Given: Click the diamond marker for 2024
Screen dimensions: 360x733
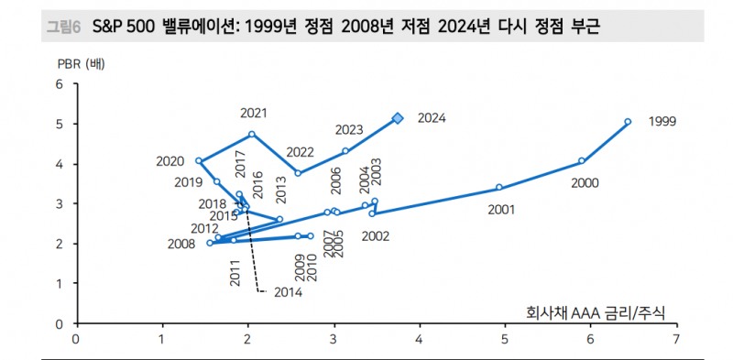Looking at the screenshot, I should click(398, 118).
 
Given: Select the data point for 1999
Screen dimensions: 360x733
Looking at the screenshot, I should click(628, 121).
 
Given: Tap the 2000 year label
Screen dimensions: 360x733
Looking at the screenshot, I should click(584, 183).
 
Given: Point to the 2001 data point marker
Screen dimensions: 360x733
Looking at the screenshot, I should click(499, 187).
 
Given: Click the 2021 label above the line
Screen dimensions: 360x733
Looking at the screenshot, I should click(254, 113).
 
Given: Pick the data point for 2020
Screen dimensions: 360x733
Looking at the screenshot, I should click(199, 160).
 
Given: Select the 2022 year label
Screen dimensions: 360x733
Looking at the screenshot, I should click(300, 152).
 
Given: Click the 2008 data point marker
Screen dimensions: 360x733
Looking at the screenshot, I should click(210, 243).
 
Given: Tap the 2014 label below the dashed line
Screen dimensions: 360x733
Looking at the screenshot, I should click(287, 292).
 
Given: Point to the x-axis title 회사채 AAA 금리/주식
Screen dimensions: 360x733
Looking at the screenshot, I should click(596, 314).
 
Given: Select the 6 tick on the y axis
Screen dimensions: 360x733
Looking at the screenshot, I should click(60, 84).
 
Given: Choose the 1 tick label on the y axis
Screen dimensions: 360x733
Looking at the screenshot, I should click(60, 284).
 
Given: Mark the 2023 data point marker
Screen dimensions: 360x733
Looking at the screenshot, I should click(345, 150).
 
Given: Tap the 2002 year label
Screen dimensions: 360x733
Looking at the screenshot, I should click(376, 235).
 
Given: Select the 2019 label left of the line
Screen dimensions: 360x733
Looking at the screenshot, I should click(188, 182).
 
